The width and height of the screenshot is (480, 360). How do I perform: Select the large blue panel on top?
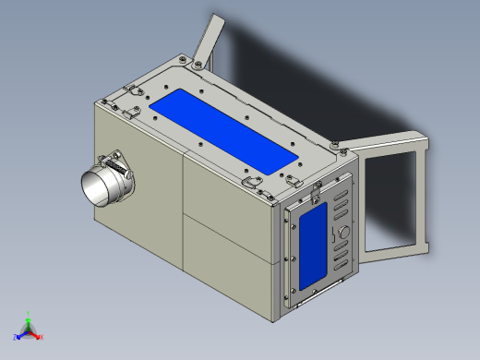pos(227,130)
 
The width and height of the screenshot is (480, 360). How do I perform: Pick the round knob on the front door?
pos(344,231)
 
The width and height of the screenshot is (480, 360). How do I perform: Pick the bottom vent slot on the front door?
pos(341,269)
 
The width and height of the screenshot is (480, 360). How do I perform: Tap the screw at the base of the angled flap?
pos(198,63)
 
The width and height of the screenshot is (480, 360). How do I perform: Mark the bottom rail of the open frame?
pos(398,248)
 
